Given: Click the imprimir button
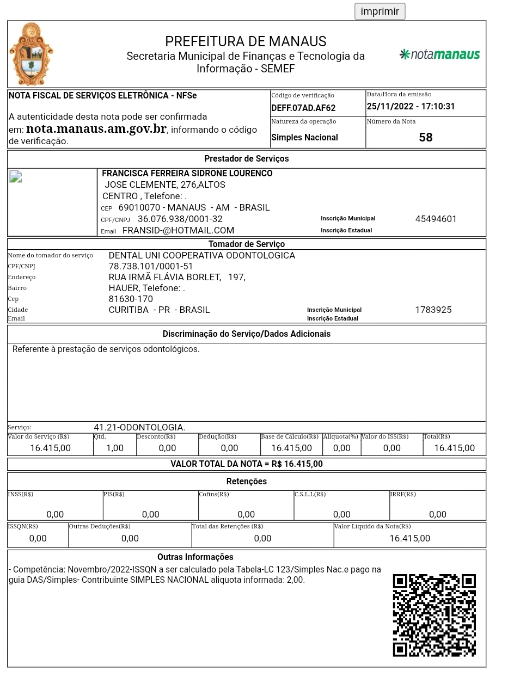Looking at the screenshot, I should point(380,11).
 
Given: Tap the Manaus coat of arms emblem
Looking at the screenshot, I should point(31,54).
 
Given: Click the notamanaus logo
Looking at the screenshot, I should point(439,54).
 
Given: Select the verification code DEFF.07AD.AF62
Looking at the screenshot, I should point(303,108).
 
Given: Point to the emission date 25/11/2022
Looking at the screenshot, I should point(387,107).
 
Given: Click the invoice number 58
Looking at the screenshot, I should point(425,137).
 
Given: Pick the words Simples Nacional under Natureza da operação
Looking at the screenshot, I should point(304,137).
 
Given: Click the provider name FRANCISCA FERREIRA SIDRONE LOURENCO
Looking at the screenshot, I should point(187,173).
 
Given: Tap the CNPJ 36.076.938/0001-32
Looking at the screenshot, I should point(180,219).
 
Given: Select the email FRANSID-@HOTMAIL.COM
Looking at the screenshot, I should point(178,230).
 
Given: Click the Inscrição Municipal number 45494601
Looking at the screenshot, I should point(436,219).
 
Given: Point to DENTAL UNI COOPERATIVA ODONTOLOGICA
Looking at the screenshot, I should point(201,255).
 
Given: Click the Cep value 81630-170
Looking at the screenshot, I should point(131,299).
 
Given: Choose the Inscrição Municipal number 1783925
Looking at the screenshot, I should point(433,310).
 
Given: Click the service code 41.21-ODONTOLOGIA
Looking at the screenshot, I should point(139,427).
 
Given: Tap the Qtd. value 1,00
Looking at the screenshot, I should point(114,448).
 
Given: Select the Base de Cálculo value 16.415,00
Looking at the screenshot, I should point(291,448).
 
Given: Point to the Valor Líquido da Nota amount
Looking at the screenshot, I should point(409,538).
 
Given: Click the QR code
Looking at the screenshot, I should point(434,615).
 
